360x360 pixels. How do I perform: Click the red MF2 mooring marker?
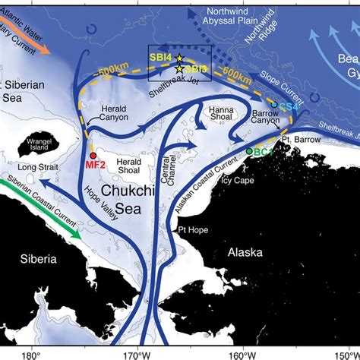[x=93, y=155]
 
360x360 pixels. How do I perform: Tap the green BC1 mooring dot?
[x=250, y=153]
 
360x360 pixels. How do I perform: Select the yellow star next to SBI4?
[x=179, y=58]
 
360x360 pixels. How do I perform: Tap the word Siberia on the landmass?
[x=38, y=259]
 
